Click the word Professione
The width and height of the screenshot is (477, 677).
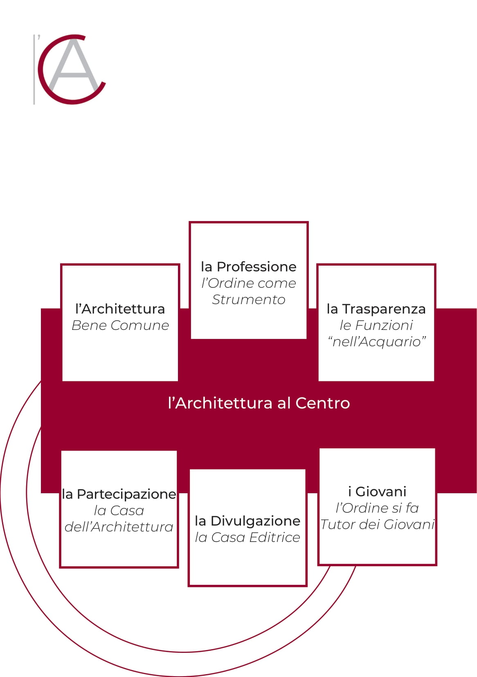coord(256,267)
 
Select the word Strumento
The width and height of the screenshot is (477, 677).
coord(248,300)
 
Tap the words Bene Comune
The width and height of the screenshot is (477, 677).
coord(120,325)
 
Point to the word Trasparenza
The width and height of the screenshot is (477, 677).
coord(384,309)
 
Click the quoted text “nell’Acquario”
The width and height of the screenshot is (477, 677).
coord(376,342)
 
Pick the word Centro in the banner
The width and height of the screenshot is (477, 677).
coord(323,403)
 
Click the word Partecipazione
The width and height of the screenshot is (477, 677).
coord(126,494)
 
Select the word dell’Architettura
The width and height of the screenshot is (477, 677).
coord(119,527)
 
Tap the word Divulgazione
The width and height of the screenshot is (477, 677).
coord(255,521)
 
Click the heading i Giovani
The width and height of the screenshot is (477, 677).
coord(377,492)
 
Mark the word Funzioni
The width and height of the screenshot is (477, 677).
coord(384,325)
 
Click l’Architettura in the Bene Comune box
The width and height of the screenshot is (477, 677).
coord(120,309)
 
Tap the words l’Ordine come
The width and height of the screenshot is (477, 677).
coord(248,284)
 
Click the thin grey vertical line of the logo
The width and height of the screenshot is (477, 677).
coord(34,70)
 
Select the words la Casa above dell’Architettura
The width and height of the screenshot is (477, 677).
coord(119,511)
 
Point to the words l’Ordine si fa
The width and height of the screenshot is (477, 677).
coord(377,508)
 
